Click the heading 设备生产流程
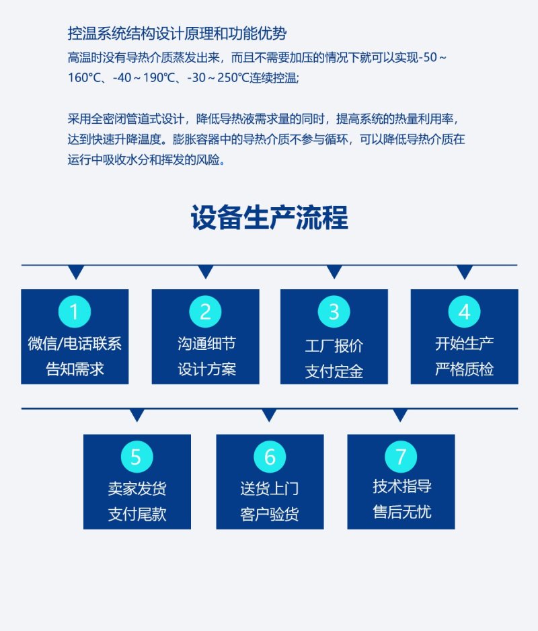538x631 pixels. (269, 217)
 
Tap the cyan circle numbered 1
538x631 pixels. (75, 311)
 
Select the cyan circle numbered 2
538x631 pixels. (205, 311)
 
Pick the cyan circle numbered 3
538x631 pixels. (334, 311)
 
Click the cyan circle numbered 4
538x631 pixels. (465, 311)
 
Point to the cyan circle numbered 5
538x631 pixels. (137, 456)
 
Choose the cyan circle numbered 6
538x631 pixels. (270, 456)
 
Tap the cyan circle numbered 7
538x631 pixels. (401, 456)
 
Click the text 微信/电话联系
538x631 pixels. (75, 344)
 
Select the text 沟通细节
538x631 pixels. (206, 344)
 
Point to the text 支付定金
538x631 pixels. (334, 371)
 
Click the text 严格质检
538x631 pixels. (465, 369)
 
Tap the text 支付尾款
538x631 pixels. (137, 514)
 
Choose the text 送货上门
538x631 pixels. (270, 488)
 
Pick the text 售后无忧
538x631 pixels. (401, 511)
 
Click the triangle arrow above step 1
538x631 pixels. (76, 272)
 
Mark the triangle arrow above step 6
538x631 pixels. (269, 415)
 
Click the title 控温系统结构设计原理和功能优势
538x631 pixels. (177, 34)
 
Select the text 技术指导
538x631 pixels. (401, 486)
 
